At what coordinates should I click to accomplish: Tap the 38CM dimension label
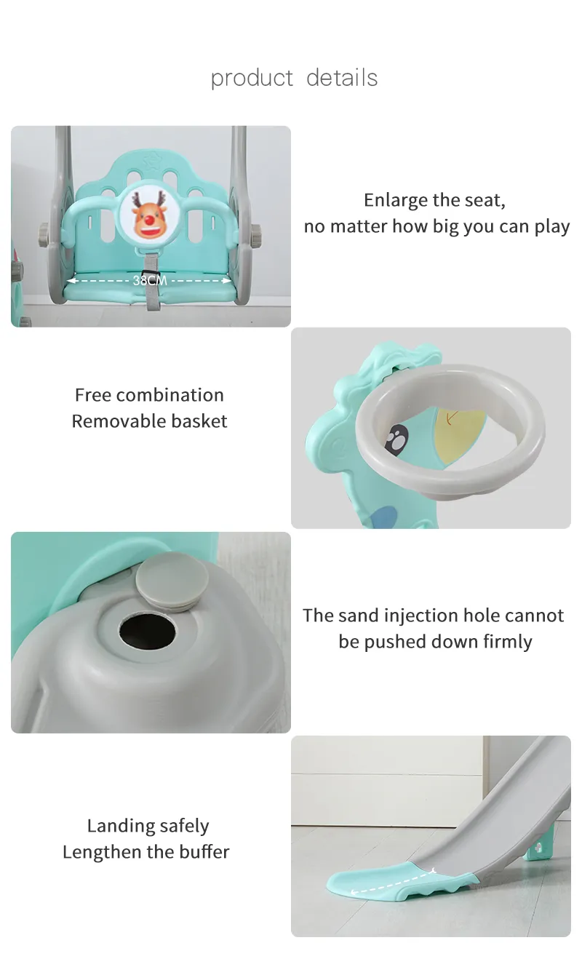150,281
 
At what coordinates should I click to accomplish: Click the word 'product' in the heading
252,79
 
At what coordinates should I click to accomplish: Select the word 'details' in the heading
342,78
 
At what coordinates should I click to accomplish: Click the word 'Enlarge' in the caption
396,201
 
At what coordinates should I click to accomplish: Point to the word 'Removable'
119,421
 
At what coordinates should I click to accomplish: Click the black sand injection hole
147,631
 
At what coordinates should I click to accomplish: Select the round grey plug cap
172,581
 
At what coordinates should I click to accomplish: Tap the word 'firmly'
508,642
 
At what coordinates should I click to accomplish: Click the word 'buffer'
204,852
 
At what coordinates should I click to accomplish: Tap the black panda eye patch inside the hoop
396,440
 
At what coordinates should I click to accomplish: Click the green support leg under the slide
538,848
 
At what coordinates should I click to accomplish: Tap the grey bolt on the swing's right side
256,233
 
